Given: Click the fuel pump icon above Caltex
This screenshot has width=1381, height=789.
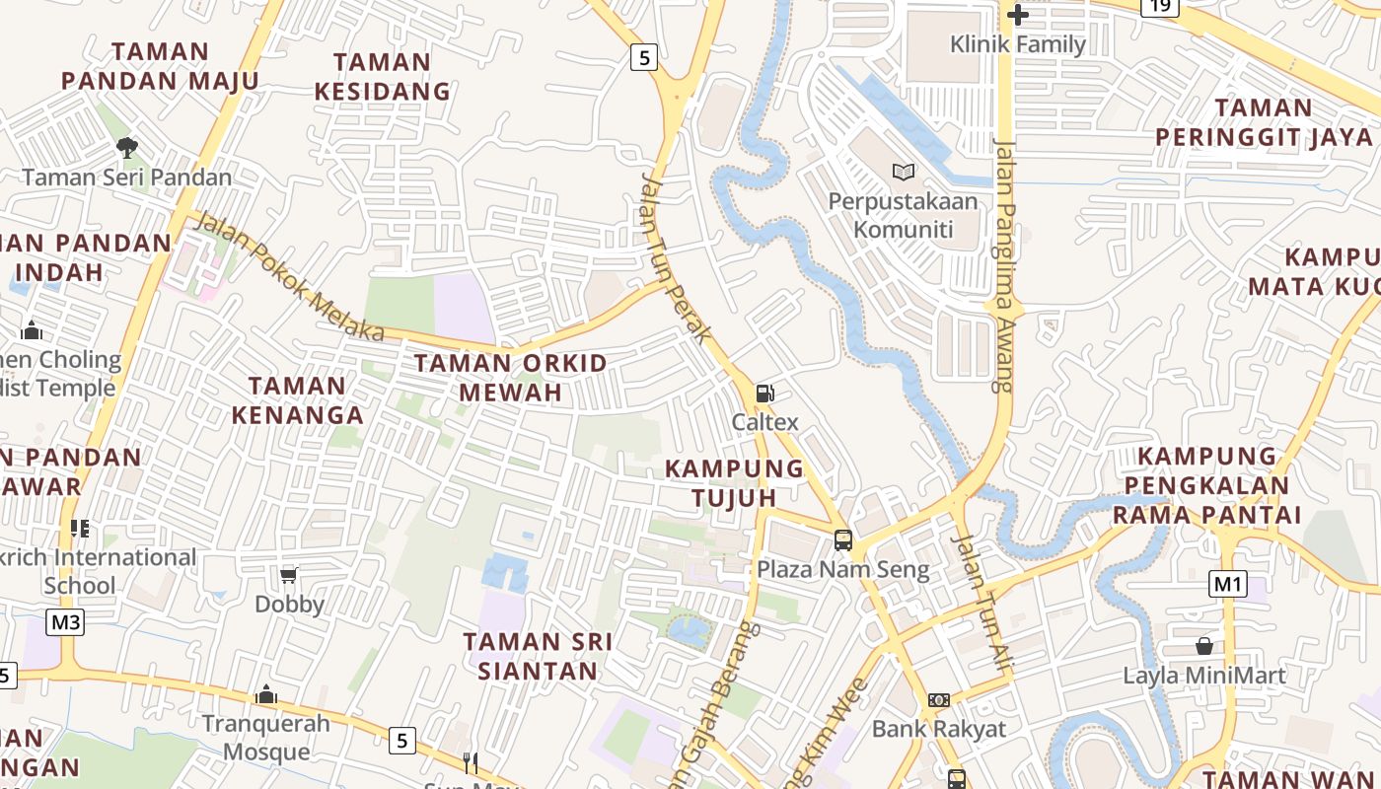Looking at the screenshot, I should [764, 394].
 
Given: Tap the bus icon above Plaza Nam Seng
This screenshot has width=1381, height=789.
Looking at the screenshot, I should [842, 539].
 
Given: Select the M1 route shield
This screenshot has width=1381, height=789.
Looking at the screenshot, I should [1227, 584].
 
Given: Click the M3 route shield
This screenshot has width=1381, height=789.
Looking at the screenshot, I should [66, 622].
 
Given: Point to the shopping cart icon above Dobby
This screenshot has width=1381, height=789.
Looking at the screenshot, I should [288, 575].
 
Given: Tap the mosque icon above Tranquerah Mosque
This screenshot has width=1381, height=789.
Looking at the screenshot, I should [265, 695].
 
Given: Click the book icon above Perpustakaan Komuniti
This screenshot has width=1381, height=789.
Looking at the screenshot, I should [903, 173].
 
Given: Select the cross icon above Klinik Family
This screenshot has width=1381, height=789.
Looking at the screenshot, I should [1018, 15].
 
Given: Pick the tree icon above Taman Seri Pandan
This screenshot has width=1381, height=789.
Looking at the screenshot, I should [126, 148].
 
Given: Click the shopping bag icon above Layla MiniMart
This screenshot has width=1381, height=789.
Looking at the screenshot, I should [1203, 647].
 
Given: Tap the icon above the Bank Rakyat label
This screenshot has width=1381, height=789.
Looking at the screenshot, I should [938, 700].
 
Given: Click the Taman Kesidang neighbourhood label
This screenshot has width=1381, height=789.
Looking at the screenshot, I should [382, 77].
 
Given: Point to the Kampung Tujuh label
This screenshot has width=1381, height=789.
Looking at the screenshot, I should [734, 482].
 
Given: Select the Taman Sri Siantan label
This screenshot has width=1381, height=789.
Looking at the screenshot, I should [538, 657].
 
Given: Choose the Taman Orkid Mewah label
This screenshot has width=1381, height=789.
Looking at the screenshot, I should [510, 378].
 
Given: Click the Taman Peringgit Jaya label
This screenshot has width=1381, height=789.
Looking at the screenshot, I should [1264, 122].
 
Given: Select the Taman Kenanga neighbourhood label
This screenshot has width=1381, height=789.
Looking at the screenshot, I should [297, 399].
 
